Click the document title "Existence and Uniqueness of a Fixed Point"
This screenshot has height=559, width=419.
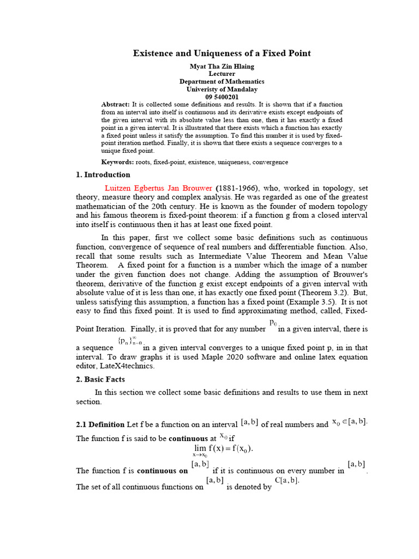[222, 53]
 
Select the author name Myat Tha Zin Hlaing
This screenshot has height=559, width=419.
[222, 66]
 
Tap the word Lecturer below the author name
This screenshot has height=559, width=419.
[222, 74]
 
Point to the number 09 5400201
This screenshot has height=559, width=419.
[222, 97]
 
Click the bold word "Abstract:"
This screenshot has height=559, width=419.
[116, 104]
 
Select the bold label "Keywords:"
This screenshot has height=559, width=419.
[117, 162]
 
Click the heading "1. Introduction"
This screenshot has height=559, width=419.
[103, 175]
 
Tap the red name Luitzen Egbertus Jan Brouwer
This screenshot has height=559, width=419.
[158, 188]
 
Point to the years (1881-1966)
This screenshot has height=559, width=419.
[235, 188]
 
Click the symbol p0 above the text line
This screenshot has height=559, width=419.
[274, 324]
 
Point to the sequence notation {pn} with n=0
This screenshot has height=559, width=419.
[130, 342]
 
